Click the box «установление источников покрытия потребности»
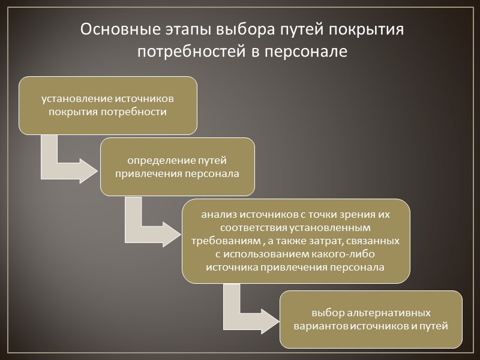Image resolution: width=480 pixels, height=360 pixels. [108, 105]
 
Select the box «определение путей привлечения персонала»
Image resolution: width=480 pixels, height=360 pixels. [177, 167]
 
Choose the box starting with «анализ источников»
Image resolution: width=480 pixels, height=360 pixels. [296, 241]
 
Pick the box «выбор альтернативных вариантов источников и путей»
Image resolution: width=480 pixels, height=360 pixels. [371, 319]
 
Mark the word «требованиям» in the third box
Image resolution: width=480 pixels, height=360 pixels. [223, 241]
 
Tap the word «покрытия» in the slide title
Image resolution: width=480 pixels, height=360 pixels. [364, 29]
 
